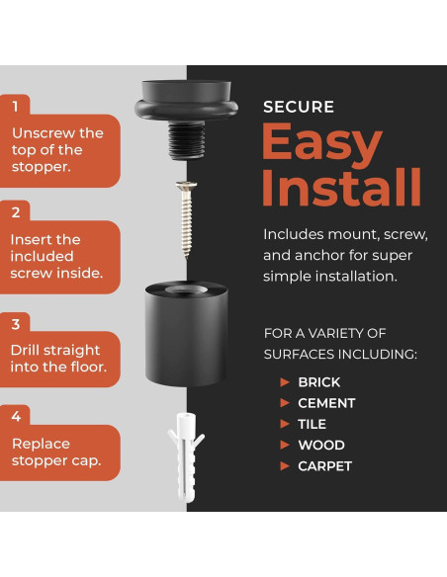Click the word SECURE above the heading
[x=299, y=107]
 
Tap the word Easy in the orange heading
[x=321, y=145]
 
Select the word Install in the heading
[x=341, y=188]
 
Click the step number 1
[x=15, y=107]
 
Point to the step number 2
[x=16, y=212]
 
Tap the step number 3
[x=16, y=324]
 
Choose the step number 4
[x=16, y=416]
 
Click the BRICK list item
[x=319, y=382]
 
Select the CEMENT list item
[x=326, y=403]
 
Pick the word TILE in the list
[x=313, y=424]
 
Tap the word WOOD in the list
[x=321, y=446]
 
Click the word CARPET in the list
[x=325, y=466]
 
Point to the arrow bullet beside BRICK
[x=285, y=382]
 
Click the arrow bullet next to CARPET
[x=285, y=466]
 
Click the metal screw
[x=186, y=218]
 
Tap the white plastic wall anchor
[x=186, y=457]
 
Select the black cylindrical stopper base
[x=186, y=333]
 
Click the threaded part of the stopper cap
[x=186, y=140]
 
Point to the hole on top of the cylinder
[x=186, y=289]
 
